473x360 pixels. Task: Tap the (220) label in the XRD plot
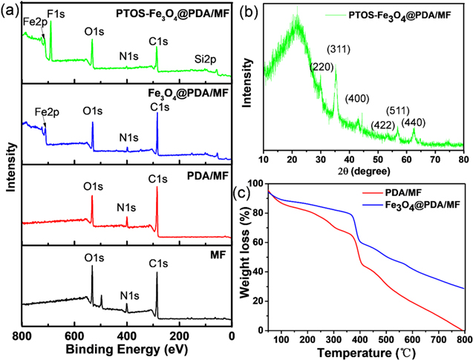pyautogui.click(x=321, y=67)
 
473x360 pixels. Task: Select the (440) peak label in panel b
pyautogui.click(x=414, y=122)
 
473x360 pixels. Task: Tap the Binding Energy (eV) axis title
pyautogui.click(x=127, y=350)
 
